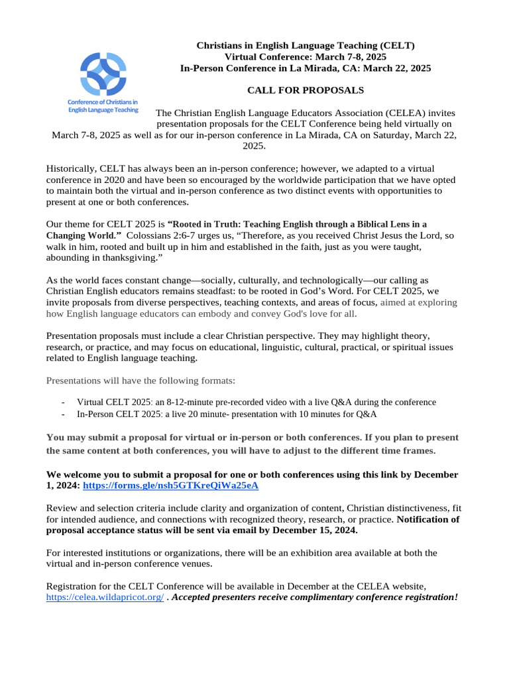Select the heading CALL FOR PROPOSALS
point(306,90)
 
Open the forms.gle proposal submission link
point(170,485)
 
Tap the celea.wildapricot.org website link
point(104,597)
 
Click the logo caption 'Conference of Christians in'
point(103,101)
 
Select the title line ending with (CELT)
point(306,45)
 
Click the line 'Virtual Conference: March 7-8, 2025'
point(306,57)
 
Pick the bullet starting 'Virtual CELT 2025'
point(256,402)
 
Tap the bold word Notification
point(427,519)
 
